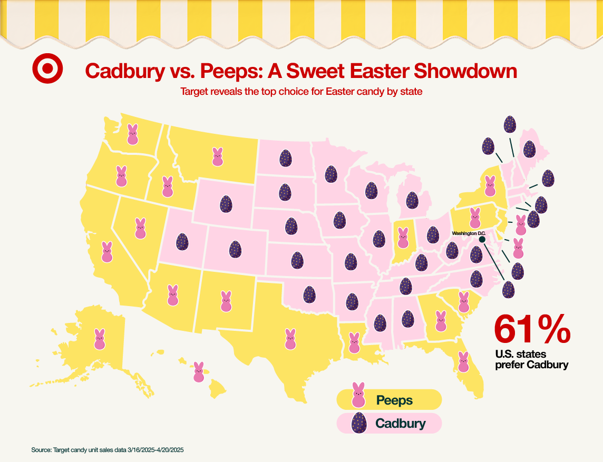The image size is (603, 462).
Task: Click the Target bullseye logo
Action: (x=47, y=69)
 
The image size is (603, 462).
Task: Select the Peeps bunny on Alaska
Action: (x=100, y=339)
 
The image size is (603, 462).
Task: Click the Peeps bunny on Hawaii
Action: (x=199, y=372)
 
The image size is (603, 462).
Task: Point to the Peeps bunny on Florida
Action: (x=463, y=362)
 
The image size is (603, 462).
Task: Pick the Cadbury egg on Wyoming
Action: (x=226, y=204)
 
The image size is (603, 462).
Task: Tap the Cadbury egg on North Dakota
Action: (x=285, y=158)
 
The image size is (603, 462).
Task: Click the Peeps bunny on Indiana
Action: (x=403, y=238)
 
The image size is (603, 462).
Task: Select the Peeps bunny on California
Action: (x=107, y=252)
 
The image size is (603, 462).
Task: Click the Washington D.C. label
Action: (x=469, y=233)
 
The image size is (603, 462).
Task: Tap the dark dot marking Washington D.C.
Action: (x=482, y=239)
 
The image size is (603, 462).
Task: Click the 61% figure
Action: (x=532, y=329)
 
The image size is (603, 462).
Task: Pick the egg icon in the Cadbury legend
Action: (x=358, y=422)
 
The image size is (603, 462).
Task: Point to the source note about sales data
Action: (x=107, y=450)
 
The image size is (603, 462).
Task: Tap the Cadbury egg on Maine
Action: (x=530, y=150)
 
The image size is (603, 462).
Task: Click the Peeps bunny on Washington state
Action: (x=133, y=134)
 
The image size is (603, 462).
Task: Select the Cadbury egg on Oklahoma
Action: (x=309, y=294)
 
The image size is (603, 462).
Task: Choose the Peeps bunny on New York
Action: (x=490, y=186)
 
